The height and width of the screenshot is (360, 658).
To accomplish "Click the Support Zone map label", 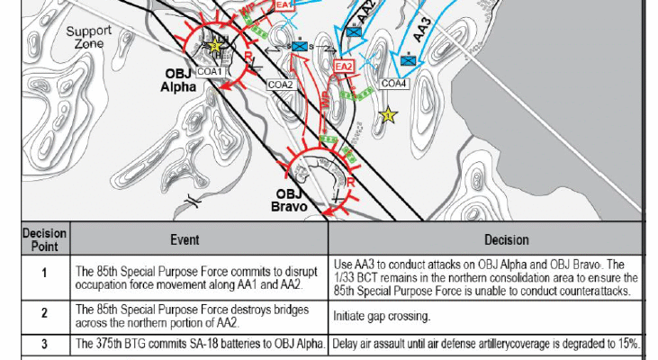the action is (x=88, y=37).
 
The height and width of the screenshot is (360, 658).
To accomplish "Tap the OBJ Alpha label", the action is (x=179, y=80).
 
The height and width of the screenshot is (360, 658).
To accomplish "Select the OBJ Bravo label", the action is (x=289, y=200).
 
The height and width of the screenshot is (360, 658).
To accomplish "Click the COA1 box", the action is (x=210, y=72).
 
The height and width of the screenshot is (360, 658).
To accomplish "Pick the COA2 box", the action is (x=280, y=85).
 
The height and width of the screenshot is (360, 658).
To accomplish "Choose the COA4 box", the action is (x=393, y=84).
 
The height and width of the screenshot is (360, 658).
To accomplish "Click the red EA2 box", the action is (x=344, y=67).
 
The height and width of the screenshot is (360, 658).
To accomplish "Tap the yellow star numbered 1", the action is (x=388, y=114).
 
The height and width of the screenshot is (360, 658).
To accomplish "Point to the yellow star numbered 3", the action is (x=215, y=45).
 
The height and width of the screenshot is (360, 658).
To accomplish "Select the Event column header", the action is (x=185, y=239).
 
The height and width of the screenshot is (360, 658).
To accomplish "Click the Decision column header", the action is (x=507, y=239).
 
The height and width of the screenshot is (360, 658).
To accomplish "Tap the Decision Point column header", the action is (x=44, y=239).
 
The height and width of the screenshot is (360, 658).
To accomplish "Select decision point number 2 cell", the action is (x=44, y=313).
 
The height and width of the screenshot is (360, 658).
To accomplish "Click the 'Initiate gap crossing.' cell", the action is (x=485, y=317).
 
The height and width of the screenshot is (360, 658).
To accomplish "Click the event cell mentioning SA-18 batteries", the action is (x=199, y=344).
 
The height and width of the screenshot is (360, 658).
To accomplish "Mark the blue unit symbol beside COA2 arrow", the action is (x=300, y=47).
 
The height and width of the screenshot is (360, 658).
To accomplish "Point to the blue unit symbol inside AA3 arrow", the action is (x=408, y=61).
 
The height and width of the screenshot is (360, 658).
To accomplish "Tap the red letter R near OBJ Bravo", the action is (x=351, y=183).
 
